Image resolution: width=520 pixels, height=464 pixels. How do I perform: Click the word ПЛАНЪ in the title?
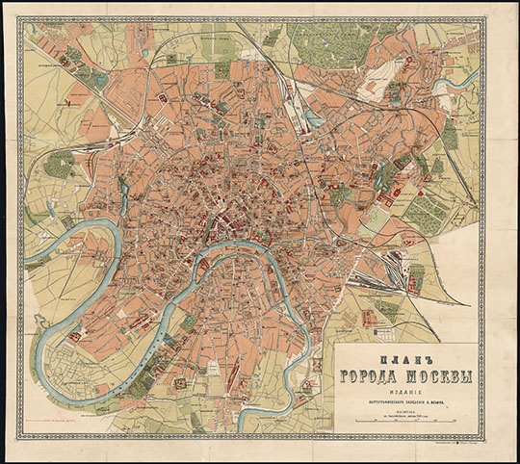[x=403, y=356]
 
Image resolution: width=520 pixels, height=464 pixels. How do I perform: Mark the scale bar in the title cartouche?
[x=402, y=421]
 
